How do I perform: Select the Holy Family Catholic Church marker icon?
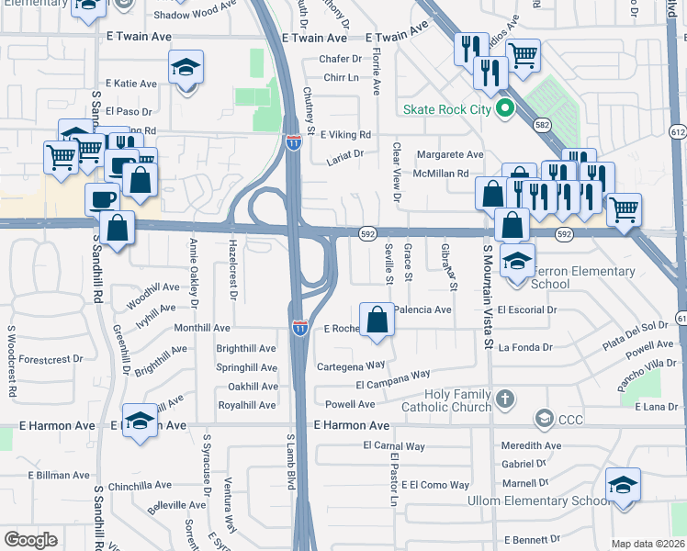(x=504, y=399)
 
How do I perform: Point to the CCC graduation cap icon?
(x=544, y=419)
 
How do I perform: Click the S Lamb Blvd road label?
(x=290, y=462)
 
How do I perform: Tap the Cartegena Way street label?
(x=350, y=365)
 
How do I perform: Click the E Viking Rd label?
(x=344, y=134)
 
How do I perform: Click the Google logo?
(x=31, y=540)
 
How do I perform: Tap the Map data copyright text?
(x=648, y=544)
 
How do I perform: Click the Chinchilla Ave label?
(x=140, y=485)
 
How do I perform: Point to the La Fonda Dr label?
(x=525, y=347)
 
